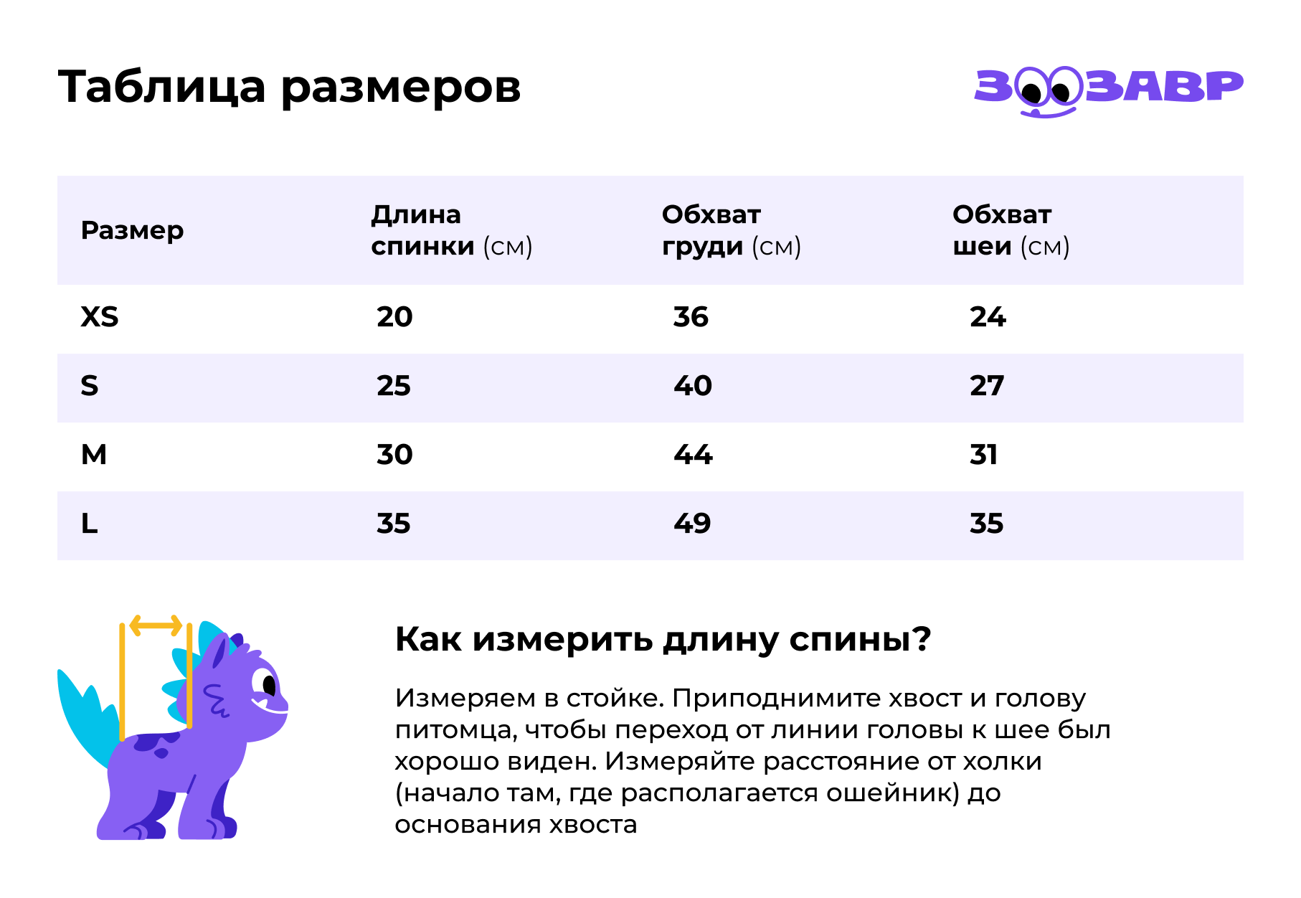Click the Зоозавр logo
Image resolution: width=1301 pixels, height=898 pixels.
(1108, 89)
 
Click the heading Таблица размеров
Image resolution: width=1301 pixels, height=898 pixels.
(289, 88)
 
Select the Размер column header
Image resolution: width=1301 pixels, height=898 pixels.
(132, 230)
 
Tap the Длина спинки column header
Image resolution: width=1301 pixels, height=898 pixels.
(451, 230)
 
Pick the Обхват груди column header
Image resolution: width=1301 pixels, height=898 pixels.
(731, 230)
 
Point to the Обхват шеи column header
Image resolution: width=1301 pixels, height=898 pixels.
(1011, 230)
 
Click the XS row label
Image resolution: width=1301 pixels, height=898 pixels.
(100, 317)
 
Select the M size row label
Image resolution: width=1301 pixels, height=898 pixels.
(94, 455)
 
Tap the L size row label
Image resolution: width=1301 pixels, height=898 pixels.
(89, 524)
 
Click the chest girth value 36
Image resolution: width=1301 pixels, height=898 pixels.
(691, 317)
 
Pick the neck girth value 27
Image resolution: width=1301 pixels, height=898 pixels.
(987, 386)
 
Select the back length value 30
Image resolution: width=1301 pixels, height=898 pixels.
(394, 455)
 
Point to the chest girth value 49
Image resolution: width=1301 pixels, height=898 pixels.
(692, 524)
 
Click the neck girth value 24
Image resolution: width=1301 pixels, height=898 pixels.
(988, 317)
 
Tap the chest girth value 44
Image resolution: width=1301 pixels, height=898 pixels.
(693, 455)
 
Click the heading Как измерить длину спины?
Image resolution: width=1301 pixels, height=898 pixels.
(663, 639)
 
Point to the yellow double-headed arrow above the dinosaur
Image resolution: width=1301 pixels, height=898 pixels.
(156, 625)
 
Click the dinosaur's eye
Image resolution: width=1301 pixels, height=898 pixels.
(268, 684)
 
